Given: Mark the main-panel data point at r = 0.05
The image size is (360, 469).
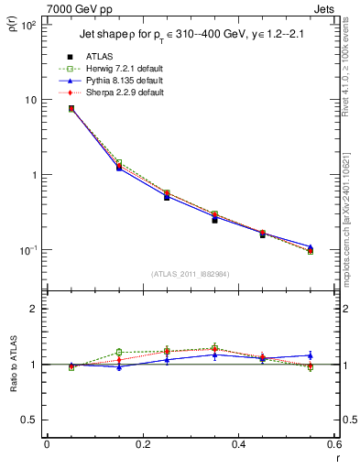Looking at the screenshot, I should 71,108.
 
